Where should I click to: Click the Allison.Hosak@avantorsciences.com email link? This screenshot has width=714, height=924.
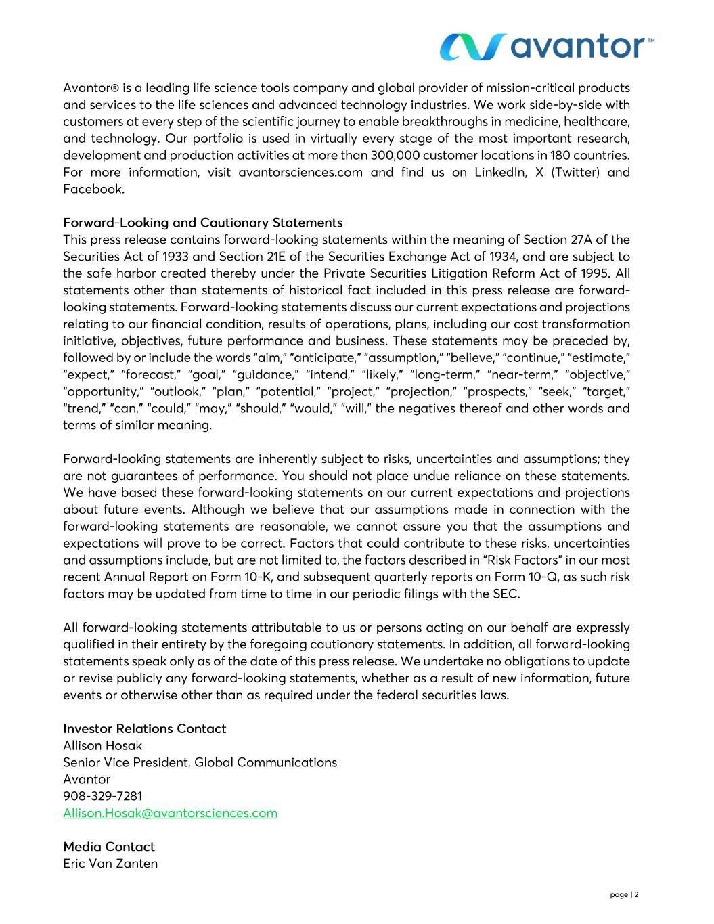pyautogui.click(x=170, y=813)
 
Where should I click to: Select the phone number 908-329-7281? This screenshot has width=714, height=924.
pyautogui.click(x=102, y=796)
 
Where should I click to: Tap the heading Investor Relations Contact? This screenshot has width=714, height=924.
pyautogui.click(x=144, y=729)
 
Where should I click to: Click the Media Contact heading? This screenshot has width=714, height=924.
pyautogui.click(x=108, y=847)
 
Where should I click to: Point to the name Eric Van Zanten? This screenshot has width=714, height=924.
pyautogui.click(x=110, y=864)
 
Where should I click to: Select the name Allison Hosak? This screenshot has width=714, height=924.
pyautogui.click(x=102, y=746)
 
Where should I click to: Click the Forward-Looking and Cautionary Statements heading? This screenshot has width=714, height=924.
pyautogui.click(x=202, y=223)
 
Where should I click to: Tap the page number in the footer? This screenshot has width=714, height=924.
pyautogui.click(x=624, y=895)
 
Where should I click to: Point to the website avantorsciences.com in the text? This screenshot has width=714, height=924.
pyautogui.click(x=300, y=173)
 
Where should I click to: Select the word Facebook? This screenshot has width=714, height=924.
pyautogui.click(x=93, y=190)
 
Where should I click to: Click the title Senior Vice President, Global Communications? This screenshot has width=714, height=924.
pyautogui.click(x=200, y=763)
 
